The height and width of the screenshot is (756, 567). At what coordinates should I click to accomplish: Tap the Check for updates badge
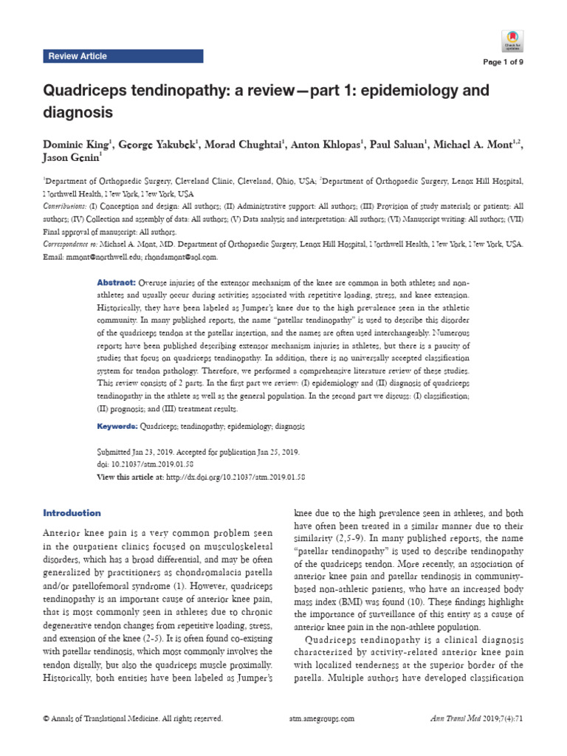[x=512, y=40]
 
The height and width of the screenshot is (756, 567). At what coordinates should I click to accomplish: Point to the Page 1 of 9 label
[x=503, y=62]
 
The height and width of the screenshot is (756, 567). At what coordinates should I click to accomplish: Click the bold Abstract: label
[x=116, y=283]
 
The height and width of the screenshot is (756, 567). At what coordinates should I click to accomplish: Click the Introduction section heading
[x=72, y=513]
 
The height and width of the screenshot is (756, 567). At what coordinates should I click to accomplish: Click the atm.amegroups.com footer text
[x=319, y=718]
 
